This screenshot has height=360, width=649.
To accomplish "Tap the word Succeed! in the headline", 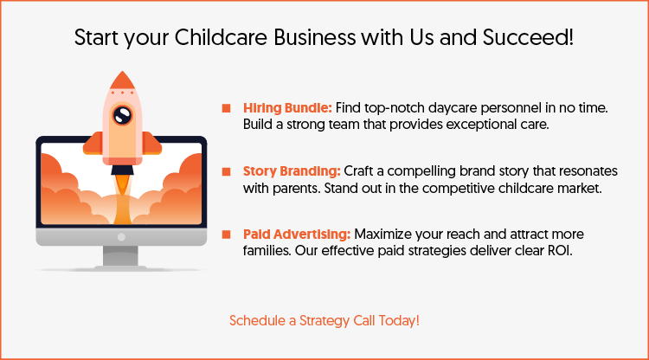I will click(536, 38).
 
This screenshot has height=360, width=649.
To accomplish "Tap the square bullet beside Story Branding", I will click(227, 171).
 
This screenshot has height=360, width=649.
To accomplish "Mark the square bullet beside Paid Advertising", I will click(227, 235).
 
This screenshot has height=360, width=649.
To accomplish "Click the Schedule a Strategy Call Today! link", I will click(324, 320).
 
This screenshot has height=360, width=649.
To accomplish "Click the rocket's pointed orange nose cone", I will click(123, 80).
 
